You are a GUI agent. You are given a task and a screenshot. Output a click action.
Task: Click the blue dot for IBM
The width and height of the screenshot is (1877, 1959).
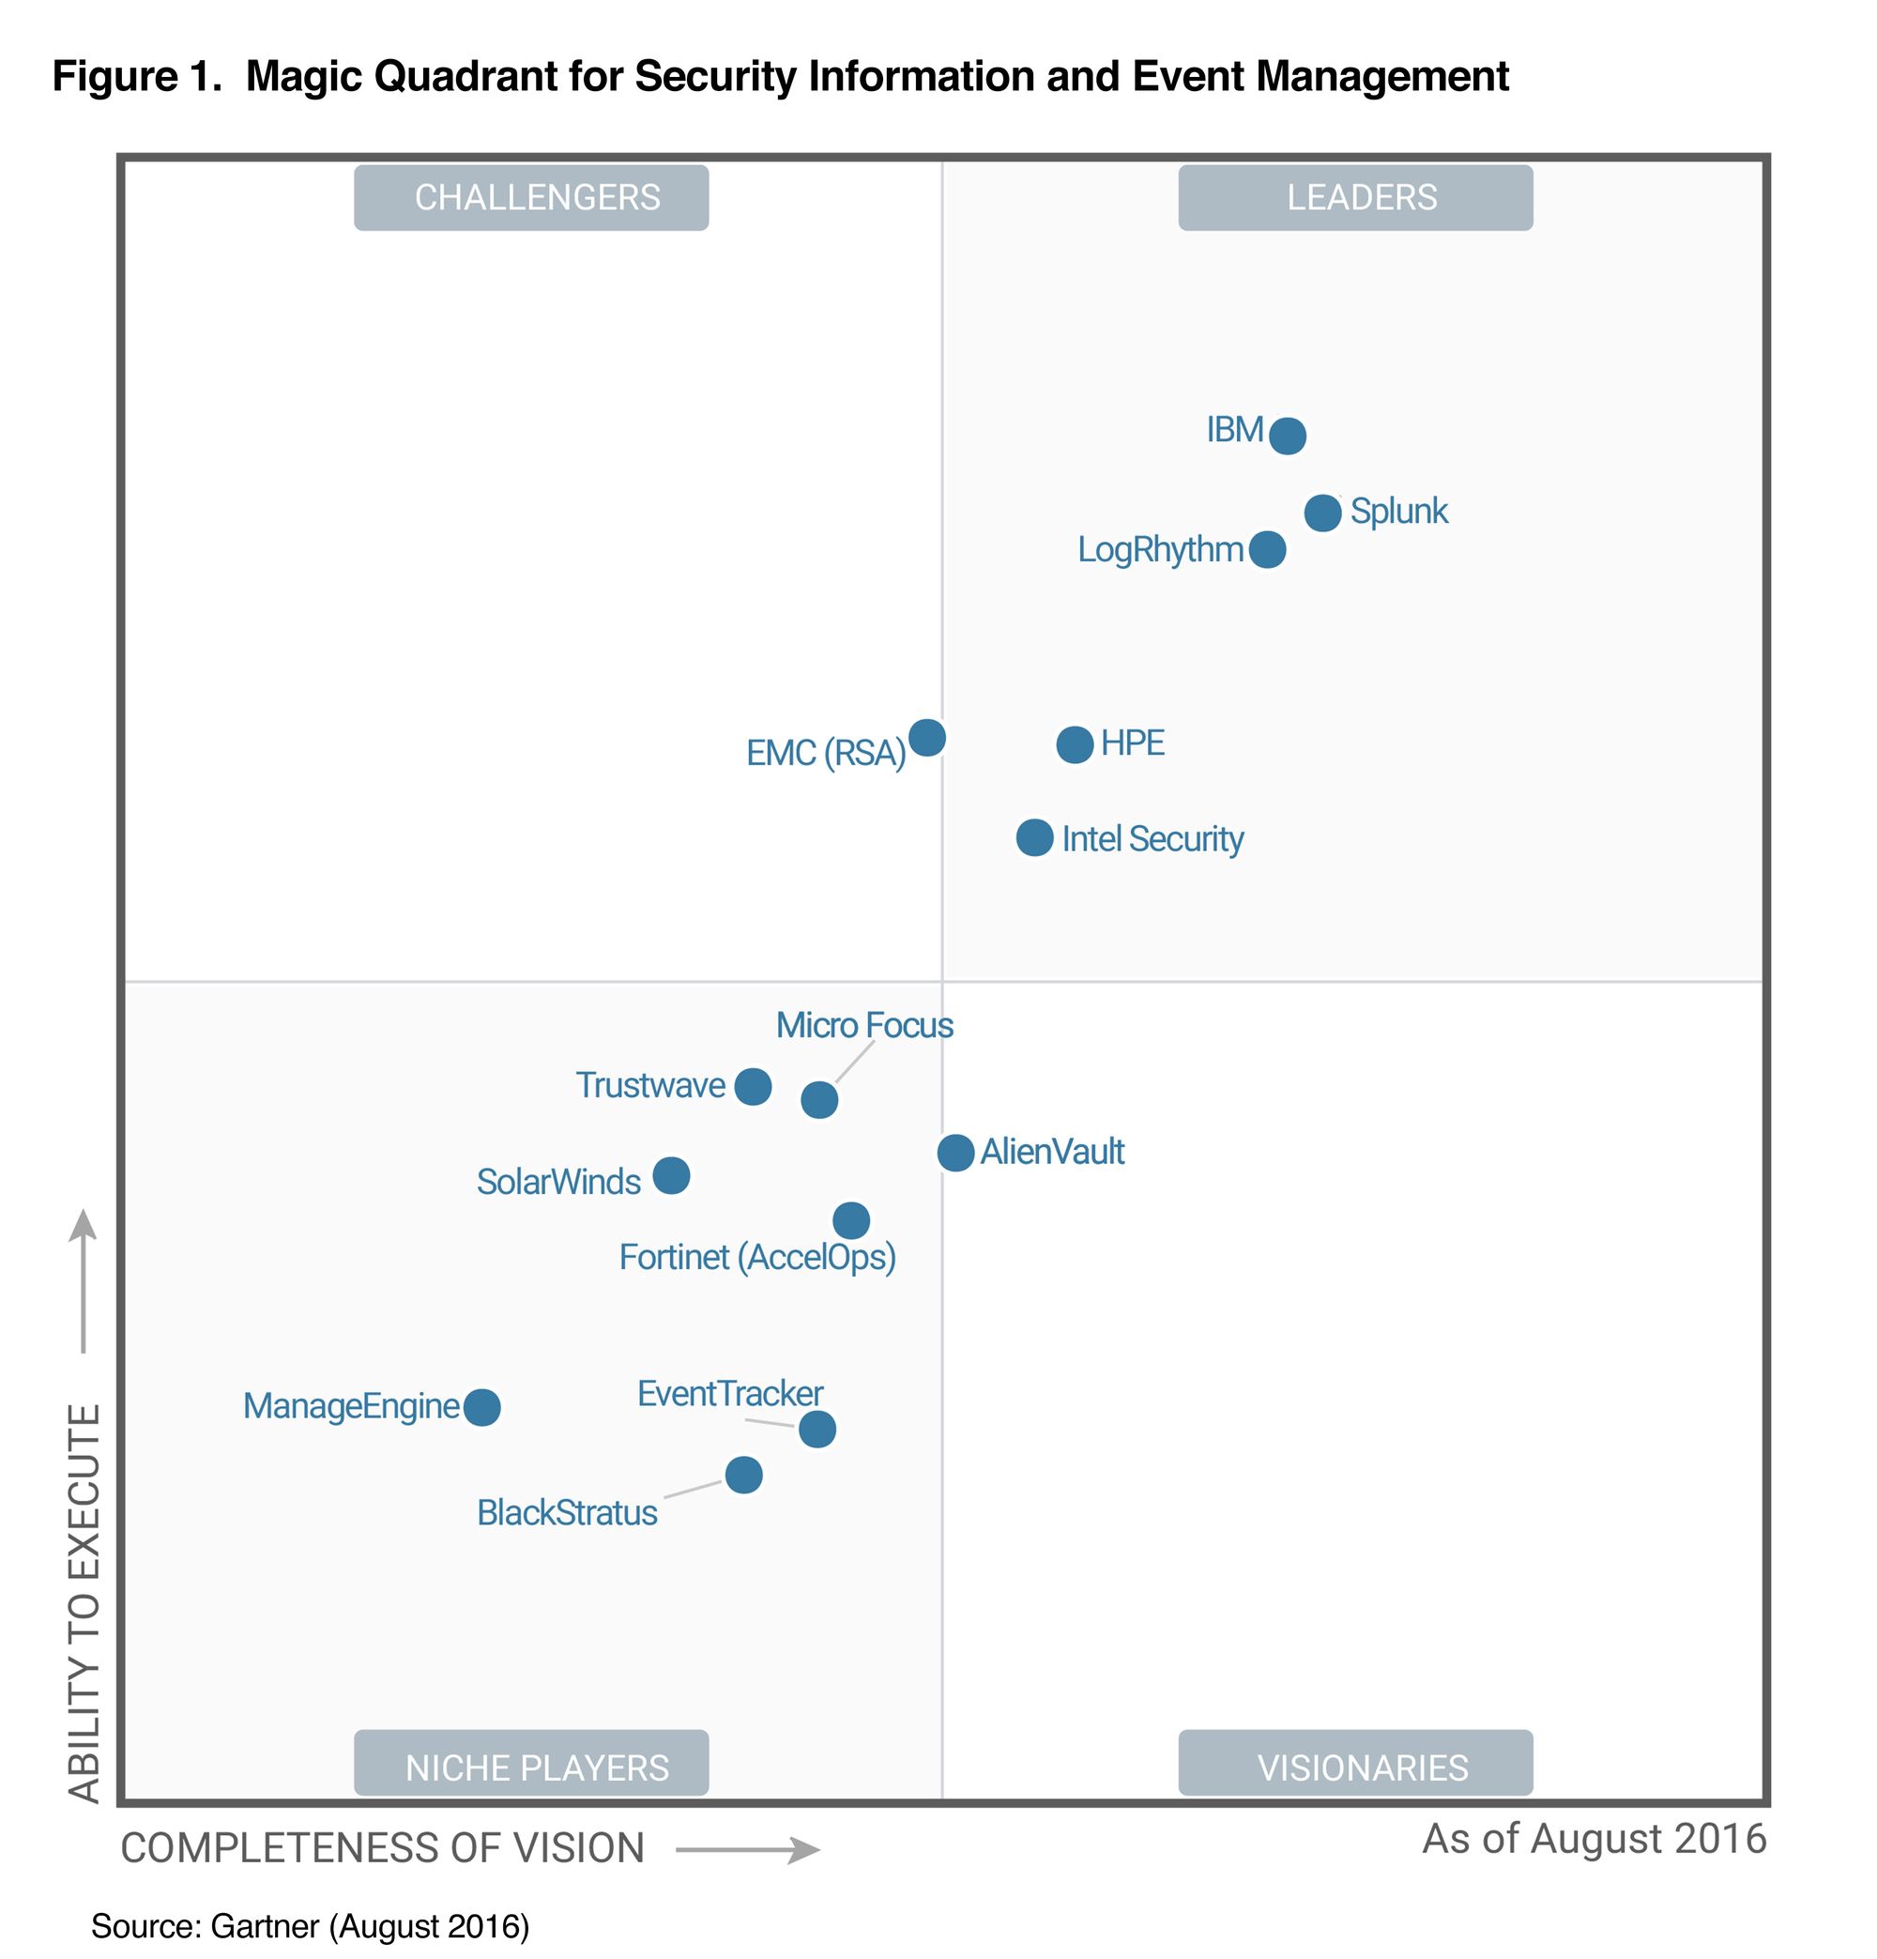(1288, 436)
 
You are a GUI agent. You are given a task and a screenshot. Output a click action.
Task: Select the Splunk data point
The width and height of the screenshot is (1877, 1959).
(1322, 513)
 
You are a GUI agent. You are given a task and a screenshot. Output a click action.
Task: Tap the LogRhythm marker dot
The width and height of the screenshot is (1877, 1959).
(1267, 550)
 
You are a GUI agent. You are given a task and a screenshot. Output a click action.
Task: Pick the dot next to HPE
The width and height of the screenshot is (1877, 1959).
(1075, 744)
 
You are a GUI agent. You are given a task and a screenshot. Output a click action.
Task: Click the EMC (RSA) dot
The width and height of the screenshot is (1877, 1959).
(926, 738)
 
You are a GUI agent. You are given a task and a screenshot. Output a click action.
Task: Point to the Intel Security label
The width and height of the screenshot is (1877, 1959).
(1152, 838)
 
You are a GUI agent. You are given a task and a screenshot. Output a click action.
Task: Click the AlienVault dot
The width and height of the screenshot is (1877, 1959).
(955, 1153)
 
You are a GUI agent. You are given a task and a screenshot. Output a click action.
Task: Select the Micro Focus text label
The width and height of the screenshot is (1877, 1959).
(864, 1025)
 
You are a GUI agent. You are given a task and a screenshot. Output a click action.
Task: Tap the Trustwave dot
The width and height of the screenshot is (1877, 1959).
(753, 1086)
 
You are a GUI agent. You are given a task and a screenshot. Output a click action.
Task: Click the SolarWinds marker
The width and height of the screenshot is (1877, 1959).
(671, 1175)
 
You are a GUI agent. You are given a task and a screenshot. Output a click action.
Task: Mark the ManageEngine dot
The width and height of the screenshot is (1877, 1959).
(481, 1407)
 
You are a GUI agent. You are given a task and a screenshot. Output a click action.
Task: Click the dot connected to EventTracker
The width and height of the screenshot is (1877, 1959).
(816, 1430)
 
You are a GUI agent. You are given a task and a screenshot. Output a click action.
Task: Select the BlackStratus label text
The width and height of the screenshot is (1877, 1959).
(567, 1513)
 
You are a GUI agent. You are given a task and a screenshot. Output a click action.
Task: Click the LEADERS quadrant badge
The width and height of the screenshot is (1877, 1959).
(1354, 198)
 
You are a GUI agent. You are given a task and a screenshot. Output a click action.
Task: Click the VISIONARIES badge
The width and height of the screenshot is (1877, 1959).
(1354, 1768)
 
